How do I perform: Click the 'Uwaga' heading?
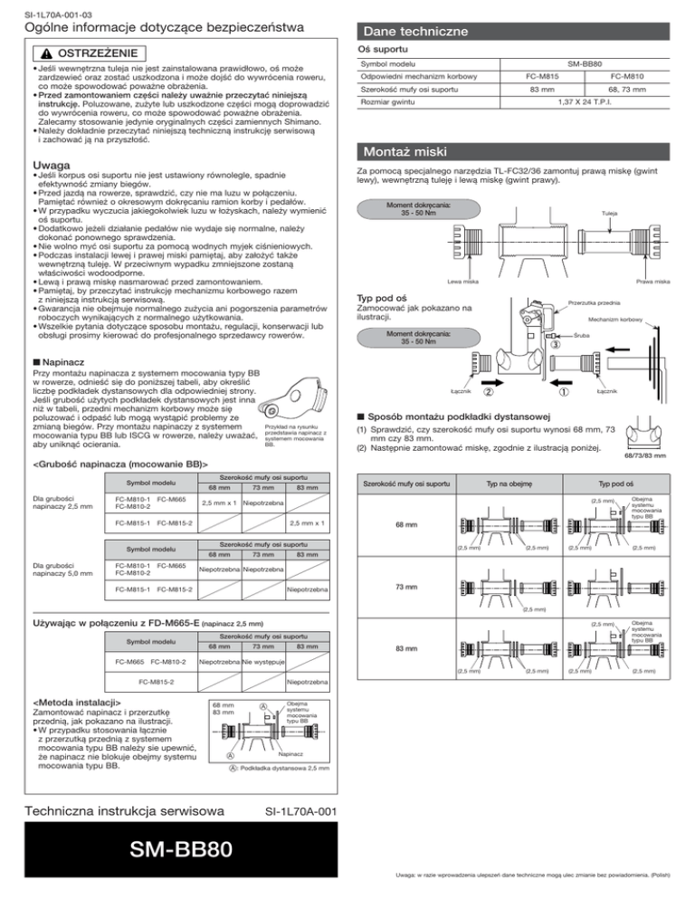(27, 165)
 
